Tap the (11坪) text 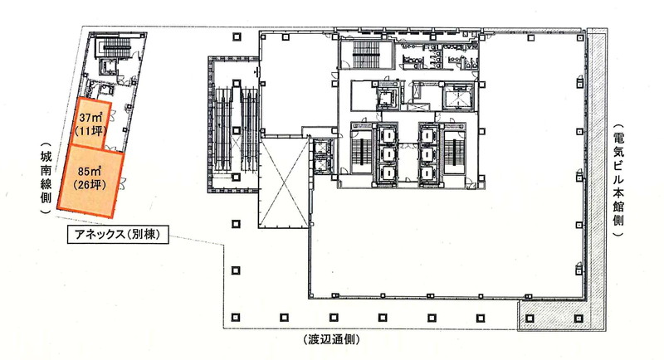[90, 131]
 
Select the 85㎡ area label [90, 172]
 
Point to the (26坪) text [89, 185]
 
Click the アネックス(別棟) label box [118, 235]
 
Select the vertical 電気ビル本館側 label [618, 181]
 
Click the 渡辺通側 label [331, 339]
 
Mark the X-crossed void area [284, 182]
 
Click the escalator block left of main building [233, 125]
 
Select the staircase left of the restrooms [367, 54]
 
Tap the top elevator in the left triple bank [387, 135]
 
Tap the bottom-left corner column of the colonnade [236, 317]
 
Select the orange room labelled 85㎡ [90, 182]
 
